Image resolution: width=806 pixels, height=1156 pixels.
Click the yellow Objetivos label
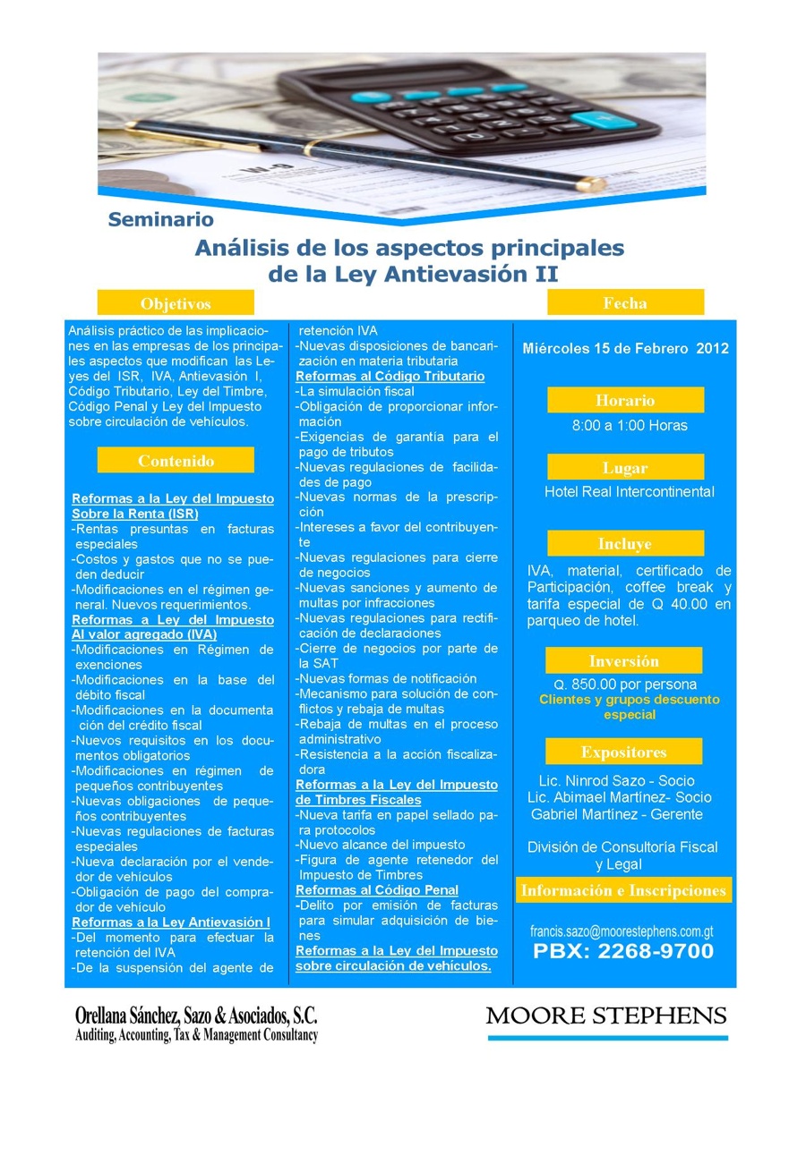click(176, 303)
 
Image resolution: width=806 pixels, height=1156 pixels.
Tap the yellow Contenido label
click(176, 461)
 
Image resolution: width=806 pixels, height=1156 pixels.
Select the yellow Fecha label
click(625, 302)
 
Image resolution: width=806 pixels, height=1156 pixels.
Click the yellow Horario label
click(625, 400)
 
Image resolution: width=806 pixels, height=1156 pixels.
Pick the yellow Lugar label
click(625, 467)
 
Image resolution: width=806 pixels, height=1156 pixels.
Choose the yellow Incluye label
click(625, 543)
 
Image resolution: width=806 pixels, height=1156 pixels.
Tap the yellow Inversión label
click(624, 661)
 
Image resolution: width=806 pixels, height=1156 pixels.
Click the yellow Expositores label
click(624, 752)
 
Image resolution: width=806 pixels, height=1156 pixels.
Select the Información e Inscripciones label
click(623, 890)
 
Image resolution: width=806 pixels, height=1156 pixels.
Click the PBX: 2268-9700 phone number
click(623, 951)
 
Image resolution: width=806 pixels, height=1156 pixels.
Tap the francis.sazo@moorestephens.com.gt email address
click(622, 931)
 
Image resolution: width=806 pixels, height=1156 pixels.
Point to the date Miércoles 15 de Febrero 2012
click(625, 349)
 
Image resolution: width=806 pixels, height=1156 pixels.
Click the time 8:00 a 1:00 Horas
click(630, 425)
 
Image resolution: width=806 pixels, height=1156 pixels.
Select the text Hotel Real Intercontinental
click(630, 491)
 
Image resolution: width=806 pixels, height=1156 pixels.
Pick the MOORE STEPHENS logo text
click(606, 1016)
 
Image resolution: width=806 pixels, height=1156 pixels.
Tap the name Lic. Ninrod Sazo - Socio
click(617, 781)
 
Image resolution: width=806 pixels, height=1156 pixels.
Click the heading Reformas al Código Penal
click(377, 889)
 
